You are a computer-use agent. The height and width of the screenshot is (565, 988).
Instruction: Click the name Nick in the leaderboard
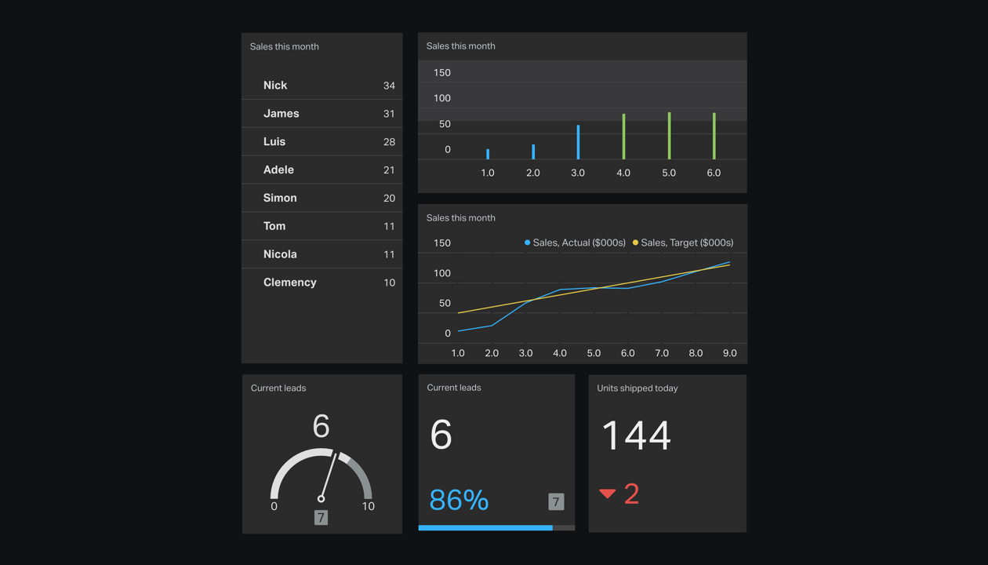tap(275, 86)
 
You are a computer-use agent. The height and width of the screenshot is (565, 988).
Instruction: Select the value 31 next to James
tap(389, 114)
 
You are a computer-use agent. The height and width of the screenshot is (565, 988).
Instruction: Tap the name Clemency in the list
tap(290, 282)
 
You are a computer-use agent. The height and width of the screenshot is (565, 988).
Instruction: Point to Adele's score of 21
tap(389, 170)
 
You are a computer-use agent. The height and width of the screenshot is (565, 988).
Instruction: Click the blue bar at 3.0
tap(579, 142)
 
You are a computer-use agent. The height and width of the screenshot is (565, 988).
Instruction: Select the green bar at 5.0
tap(669, 136)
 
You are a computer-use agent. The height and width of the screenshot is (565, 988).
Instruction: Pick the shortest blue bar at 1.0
tap(488, 155)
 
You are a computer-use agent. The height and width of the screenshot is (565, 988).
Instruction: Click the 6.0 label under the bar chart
tap(714, 173)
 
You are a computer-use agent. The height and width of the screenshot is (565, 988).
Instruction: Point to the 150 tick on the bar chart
tap(442, 73)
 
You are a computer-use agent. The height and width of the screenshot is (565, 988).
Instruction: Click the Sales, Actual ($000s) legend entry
tap(575, 242)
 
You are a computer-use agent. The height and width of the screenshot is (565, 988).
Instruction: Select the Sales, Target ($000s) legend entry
tap(683, 242)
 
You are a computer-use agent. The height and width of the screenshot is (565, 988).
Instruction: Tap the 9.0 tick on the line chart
tap(729, 353)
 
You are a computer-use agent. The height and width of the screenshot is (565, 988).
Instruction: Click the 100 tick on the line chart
tap(442, 273)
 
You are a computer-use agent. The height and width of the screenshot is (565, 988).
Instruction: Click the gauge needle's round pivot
tap(321, 498)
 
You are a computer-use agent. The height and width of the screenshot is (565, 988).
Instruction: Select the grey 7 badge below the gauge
tap(321, 517)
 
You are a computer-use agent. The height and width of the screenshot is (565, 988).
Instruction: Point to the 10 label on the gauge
tap(368, 507)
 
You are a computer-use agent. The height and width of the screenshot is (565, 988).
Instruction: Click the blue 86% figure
tap(459, 500)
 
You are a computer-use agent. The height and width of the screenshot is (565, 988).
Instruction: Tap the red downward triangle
tap(607, 494)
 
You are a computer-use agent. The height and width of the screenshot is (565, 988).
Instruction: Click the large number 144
tap(636, 436)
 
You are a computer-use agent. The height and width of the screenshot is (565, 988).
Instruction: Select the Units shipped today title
tap(637, 388)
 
